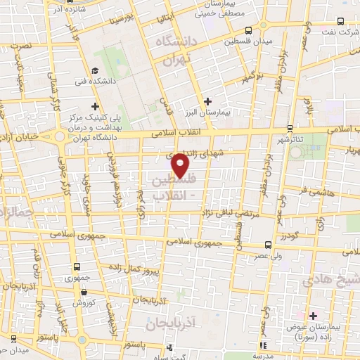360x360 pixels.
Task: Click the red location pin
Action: click(181, 165)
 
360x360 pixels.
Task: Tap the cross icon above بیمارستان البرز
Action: click(207, 101)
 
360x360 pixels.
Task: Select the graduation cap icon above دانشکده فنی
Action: click(95, 70)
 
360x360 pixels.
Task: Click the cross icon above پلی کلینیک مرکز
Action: click(95, 106)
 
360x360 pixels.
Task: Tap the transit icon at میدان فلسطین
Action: click(249, 31)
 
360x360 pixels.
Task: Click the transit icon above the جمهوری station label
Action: click(77, 267)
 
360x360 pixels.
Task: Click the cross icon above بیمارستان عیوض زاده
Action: click(313, 316)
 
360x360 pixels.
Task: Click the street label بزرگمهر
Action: click(249, 76)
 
